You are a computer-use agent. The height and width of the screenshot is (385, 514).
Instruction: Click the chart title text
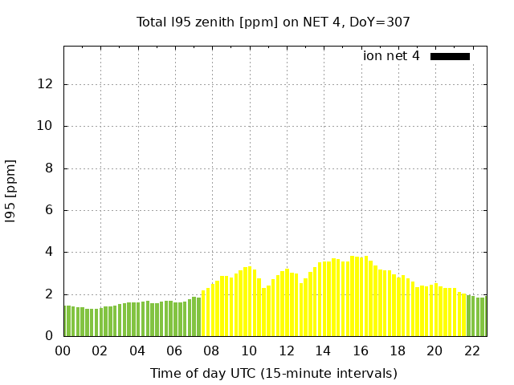(273, 22)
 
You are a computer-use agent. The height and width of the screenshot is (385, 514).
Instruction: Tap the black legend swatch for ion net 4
(450, 56)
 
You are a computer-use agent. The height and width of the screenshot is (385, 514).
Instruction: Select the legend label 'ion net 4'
(391, 56)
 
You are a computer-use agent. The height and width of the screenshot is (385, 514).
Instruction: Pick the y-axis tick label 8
(50, 168)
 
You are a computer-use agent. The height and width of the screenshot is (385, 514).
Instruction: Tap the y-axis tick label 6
(50, 210)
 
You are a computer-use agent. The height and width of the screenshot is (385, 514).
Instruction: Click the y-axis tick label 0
(50, 336)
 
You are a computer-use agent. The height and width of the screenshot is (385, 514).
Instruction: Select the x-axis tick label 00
(63, 351)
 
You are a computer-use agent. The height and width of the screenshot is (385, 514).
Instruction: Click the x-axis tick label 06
(175, 351)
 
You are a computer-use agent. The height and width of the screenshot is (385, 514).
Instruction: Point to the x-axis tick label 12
(287, 351)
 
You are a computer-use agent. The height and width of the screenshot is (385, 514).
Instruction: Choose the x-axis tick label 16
(361, 351)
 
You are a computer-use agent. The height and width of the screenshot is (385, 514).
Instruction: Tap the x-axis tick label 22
(472, 351)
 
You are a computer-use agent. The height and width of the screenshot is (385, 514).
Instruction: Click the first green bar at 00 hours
(66, 321)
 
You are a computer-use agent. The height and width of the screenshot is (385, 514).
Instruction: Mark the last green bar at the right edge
(483, 317)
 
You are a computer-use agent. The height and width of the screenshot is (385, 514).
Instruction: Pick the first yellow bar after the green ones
(204, 314)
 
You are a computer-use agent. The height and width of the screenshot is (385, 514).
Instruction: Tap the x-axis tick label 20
(435, 351)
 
